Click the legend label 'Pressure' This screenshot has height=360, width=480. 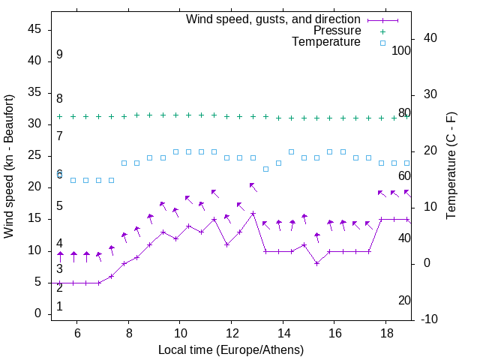pos(337,31)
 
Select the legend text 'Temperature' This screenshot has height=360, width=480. pos(326,42)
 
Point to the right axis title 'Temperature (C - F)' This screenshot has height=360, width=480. pos(451,166)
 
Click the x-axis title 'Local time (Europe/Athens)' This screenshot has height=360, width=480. pos(231,349)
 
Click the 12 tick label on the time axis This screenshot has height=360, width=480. pos(232,332)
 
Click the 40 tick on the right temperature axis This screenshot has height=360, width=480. pos(431,38)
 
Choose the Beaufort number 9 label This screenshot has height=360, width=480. pos(59,55)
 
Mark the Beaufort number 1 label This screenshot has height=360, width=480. pos(59,306)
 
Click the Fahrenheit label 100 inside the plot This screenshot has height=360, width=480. pos(401,50)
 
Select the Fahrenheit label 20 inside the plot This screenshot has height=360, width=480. pos(404,300)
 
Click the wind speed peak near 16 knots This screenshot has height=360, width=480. pos(253,213)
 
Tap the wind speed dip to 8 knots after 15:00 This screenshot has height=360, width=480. pos(317,263)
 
